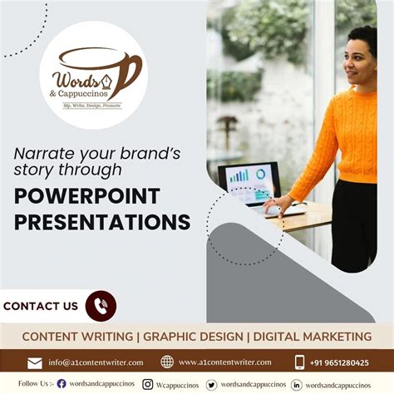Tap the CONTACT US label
[x=41, y=306]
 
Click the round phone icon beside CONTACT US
[x=101, y=306]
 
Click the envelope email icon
[x=35, y=362]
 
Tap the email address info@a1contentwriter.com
[x=96, y=362]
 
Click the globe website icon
[x=167, y=362]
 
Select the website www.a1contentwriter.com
[x=224, y=362]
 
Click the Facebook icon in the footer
[x=62, y=384]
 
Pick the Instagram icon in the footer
[x=147, y=384]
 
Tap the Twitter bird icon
[x=212, y=384]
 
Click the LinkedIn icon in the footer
[x=296, y=384]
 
